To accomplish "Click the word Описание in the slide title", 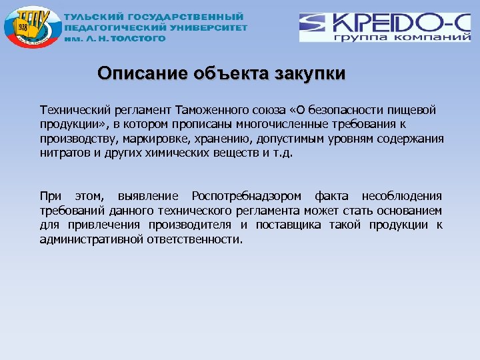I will (136, 73).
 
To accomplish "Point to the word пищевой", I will (417, 110).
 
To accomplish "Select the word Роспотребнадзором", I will (246, 196).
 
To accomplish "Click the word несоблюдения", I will (402, 196).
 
